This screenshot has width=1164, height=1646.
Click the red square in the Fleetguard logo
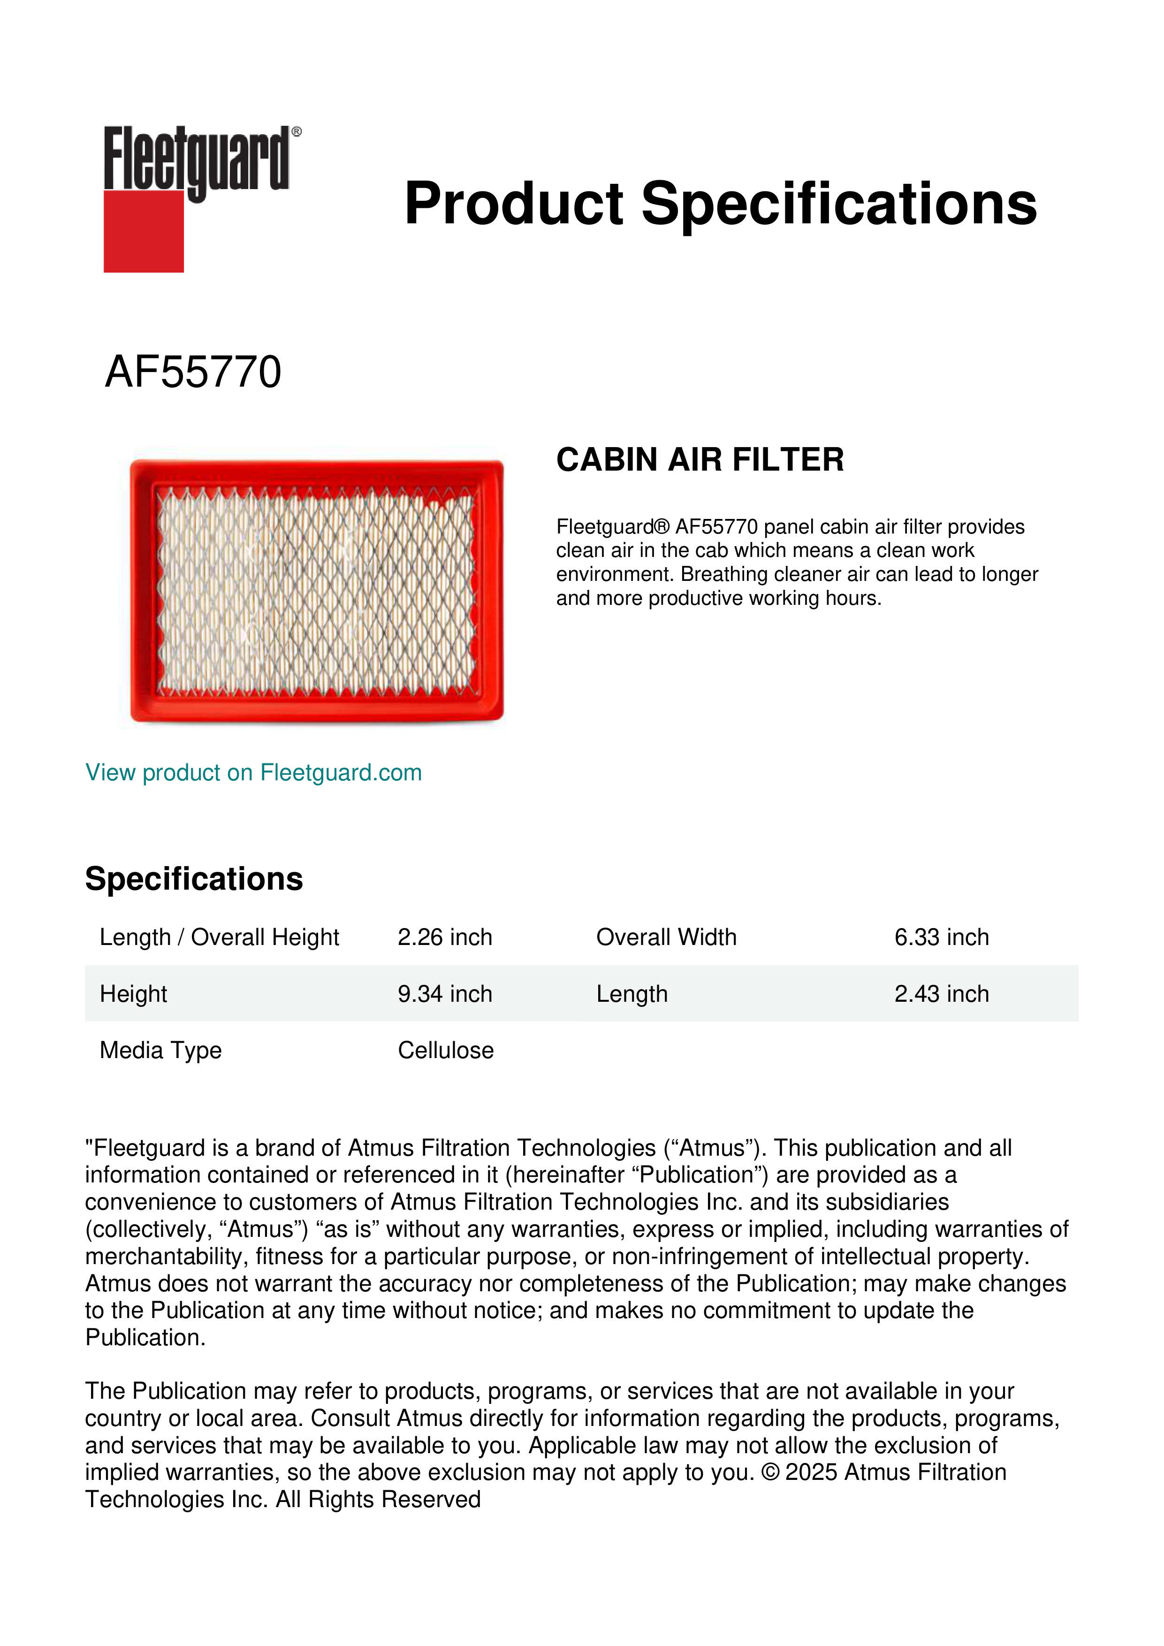point(144,231)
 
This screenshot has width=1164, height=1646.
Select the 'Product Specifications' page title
point(720,204)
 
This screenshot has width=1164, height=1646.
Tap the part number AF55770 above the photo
point(193,372)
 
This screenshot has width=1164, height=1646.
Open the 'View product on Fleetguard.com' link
point(253,773)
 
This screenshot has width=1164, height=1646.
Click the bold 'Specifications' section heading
point(193,879)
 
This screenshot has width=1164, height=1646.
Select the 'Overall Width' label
point(666,937)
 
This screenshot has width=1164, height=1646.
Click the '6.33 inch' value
point(941,937)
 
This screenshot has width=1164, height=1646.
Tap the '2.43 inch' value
point(941,994)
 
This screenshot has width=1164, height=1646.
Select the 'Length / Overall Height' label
point(219,937)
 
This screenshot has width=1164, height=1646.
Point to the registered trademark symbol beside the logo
point(297,132)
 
